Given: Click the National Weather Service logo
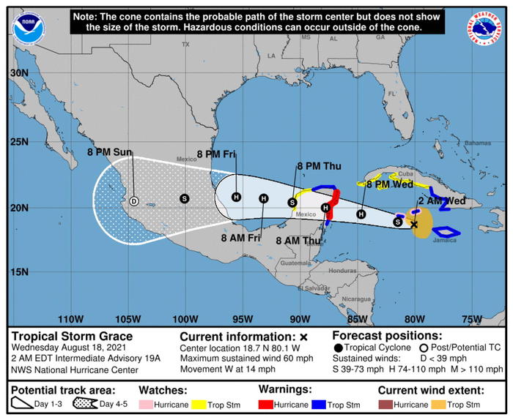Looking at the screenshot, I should pyautogui.click(x=485, y=27).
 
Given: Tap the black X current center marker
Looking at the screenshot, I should pyautogui.click(x=414, y=225).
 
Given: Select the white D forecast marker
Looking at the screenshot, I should pyautogui.click(x=133, y=200).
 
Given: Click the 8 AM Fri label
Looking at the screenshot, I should pyautogui.click(x=243, y=237).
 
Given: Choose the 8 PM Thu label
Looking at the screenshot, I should pyautogui.click(x=315, y=166).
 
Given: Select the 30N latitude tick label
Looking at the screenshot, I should pyautogui.click(x=20, y=73).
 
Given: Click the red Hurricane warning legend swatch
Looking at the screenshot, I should pyautogui.click(x=268, y=404).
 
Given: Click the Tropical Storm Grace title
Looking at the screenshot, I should pyautogui.click(x=62, y=336).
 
